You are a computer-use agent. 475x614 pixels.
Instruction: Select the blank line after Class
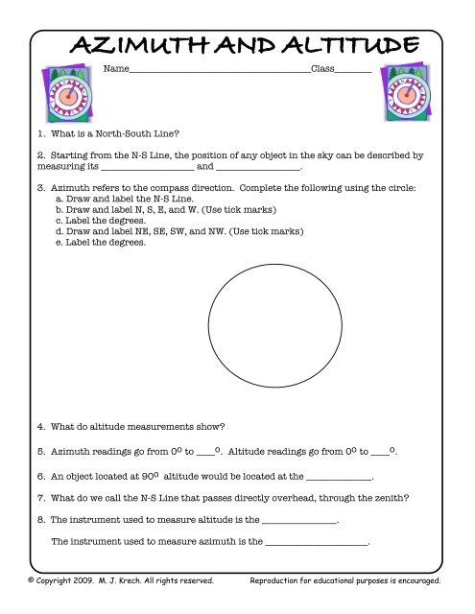pos(353,72)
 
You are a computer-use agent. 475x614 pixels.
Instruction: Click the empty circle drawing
pos(274,322)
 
